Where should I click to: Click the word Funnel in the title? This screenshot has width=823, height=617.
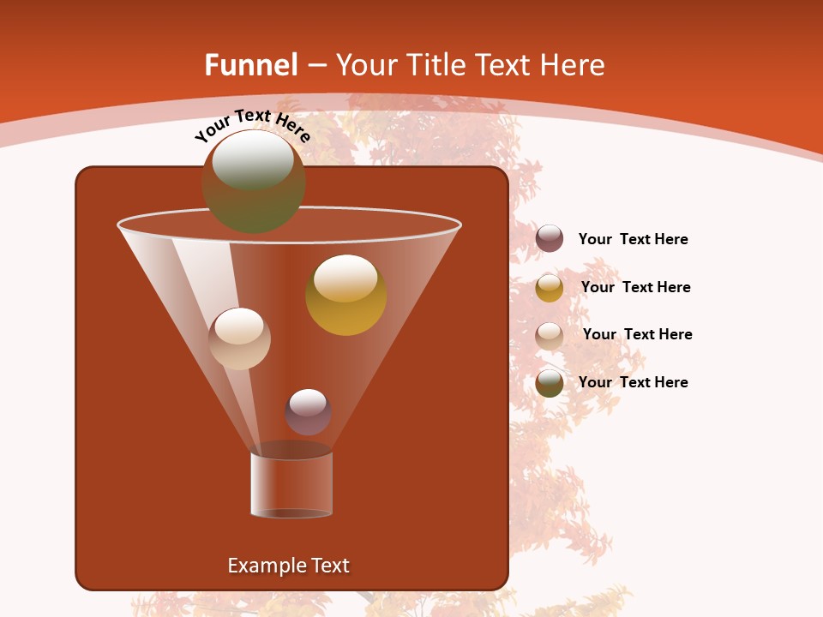point(250,65)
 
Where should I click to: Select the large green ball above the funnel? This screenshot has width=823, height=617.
point(253,181)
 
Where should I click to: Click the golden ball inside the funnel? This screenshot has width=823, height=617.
point(345,295)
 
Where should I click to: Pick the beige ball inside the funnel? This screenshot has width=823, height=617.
point(239,338)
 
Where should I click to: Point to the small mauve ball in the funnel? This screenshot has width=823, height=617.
point(308,412)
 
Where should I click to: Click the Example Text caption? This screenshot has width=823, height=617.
point(288,566)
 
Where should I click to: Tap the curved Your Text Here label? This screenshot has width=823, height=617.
point(252,125)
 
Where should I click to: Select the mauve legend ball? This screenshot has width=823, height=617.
point(550,239)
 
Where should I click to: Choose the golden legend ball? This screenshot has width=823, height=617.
point(550,288)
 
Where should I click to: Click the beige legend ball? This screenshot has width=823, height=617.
point(550,336)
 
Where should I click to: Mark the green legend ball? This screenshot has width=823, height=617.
point(550,383)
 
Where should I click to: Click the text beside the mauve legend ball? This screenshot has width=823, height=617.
point(633,239)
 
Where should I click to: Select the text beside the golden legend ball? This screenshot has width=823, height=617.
point(635,287)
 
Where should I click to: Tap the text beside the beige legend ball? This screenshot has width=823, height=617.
point(637,334)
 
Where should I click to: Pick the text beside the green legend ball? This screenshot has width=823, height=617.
point(633,382)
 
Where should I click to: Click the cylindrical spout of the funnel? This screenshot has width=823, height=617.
point(291,485)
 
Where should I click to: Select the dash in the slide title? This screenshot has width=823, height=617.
point(315,65)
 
